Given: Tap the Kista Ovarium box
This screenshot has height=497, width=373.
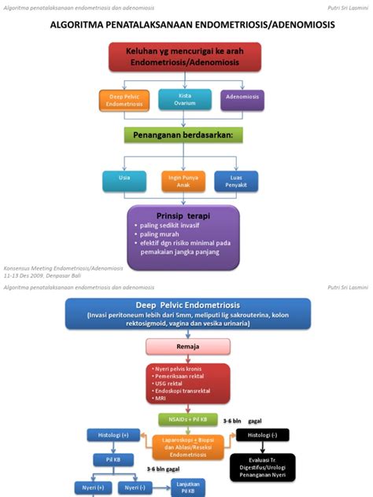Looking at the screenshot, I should click(x=186, y=99).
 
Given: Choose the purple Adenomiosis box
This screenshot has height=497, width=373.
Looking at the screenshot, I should click(x=242, y=101).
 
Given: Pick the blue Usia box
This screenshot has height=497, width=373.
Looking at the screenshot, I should click(x=124, y=182).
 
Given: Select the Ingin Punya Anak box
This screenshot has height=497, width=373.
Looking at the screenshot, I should click(x=183, y=182).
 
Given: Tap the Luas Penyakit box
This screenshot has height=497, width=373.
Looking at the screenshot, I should click(x=236, y=182).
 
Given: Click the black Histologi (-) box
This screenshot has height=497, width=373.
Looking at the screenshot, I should click(x=262, y=435).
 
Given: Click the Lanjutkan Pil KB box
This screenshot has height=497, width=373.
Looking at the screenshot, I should click(x=188, y=488).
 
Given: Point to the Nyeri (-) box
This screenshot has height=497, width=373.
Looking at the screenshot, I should click(x=135, y=488).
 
